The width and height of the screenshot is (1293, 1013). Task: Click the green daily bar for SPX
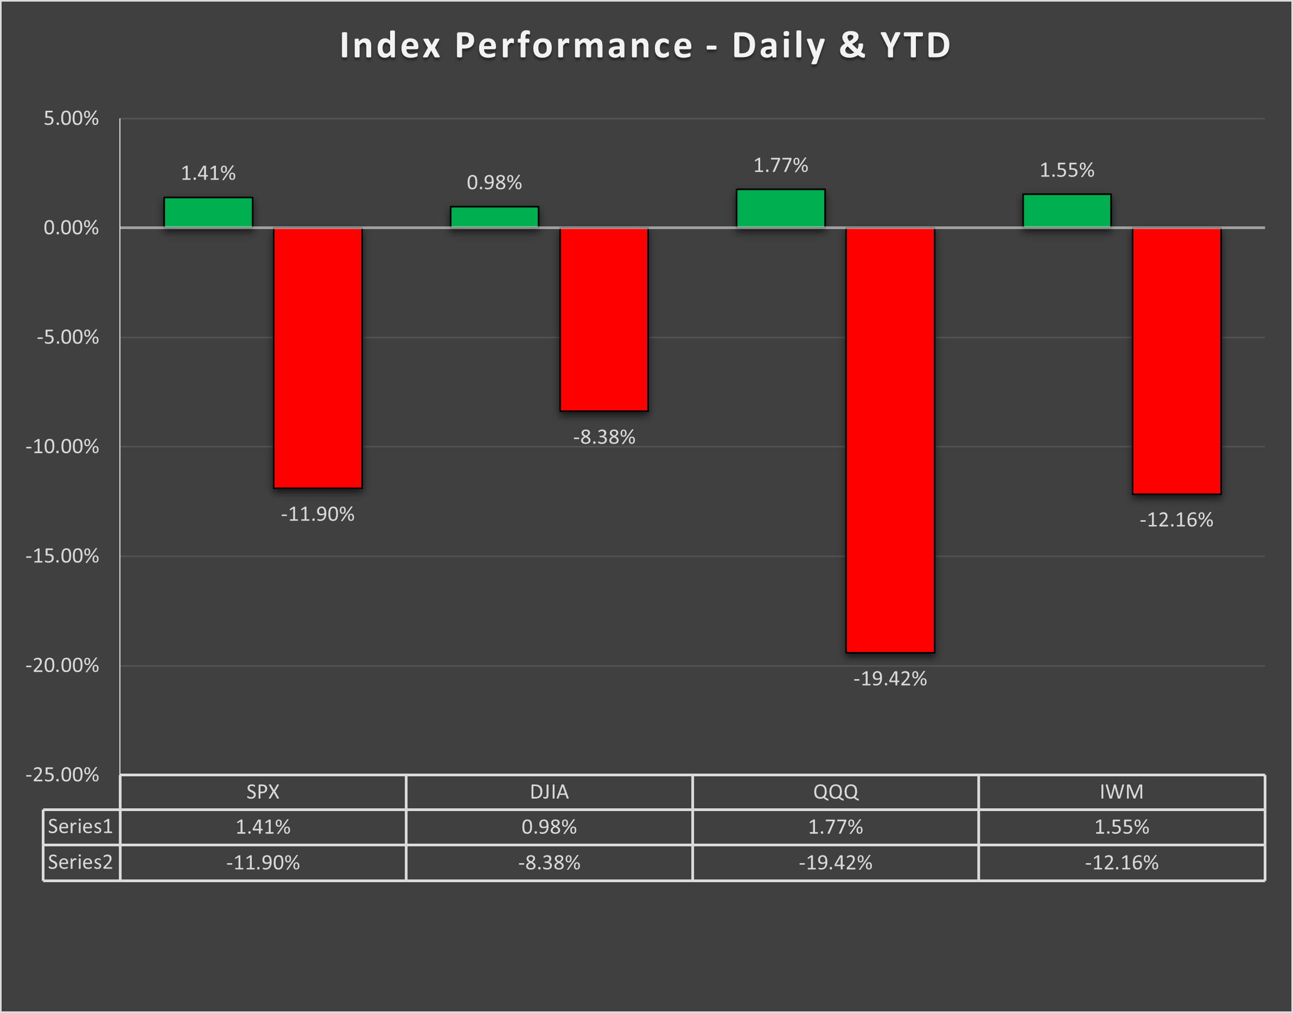click(208, 212)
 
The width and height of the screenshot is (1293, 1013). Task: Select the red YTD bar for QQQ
click(890, 440)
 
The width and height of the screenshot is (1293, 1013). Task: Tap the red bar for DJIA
click(603, 319)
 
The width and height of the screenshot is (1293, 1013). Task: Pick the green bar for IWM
click(1067, 211)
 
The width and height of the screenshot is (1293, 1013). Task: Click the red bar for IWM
click(1176, 360)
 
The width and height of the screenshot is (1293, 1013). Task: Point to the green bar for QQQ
click(780, 208)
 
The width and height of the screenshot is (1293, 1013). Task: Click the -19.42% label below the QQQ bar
click(890, 679)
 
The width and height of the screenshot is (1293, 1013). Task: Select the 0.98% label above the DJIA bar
click(494, 182)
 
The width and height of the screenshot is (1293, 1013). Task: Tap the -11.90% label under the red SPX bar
click(317, 514)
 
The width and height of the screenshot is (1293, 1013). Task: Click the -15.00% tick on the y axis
click(62, 556)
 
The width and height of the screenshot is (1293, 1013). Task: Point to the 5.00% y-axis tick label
click(71, 118)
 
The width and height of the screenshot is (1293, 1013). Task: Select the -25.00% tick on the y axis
click(62, 775)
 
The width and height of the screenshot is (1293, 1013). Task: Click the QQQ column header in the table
click(835, 792)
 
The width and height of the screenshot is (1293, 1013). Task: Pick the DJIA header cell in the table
click(549, 792)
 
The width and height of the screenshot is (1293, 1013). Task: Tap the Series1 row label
click(80, 826)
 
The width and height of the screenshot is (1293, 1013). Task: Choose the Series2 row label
click(80, 862)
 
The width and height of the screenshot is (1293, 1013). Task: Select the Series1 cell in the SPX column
click(263, 827)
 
